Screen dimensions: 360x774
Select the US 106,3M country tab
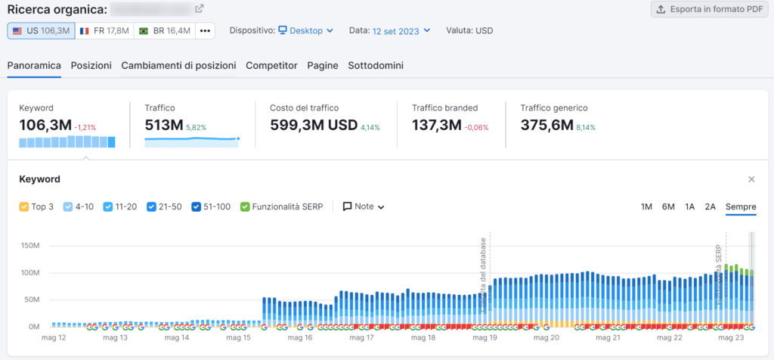point(41,31)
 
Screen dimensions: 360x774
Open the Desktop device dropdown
point(305,31)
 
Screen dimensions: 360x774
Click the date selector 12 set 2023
point(401,31)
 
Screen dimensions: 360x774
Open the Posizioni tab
point(91,66)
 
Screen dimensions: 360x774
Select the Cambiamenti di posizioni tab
point(178,66)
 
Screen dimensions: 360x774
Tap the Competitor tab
point(271,66)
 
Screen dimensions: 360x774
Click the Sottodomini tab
point(375,66)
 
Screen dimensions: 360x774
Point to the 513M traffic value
point(163,126)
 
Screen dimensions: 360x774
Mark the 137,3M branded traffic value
point(436,126)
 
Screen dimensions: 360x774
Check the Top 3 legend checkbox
point(23,206)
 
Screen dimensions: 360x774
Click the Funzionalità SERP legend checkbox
point(245,206)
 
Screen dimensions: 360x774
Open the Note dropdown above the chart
point(364,206)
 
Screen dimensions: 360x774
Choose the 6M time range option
point(668,206)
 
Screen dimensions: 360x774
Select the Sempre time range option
point(741,206)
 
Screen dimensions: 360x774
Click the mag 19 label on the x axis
point(483,338)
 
